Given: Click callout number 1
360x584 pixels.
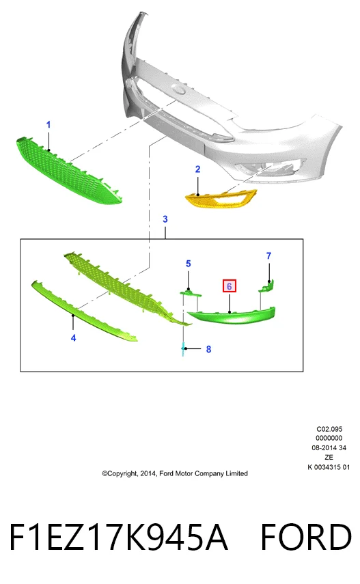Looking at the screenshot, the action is (x=48, y=125).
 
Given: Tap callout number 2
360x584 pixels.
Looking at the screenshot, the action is (x=197, y=169).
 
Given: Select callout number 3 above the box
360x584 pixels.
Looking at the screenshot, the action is (x=165, y=219).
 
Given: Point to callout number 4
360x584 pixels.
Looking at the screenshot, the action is (x=73, y=338).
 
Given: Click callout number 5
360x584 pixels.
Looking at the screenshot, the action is (x=189, y=264).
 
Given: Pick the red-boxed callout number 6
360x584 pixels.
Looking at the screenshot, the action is (x=230, y=286).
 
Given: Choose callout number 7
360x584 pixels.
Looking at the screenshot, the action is (x=268, y=256).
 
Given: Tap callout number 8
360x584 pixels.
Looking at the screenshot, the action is (x=208, y=349).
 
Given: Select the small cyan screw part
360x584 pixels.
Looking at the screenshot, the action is (x=183, y=349).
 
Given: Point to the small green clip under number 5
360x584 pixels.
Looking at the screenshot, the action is (x=191, y=293).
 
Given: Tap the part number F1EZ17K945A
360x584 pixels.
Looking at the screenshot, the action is (x=118, y=537).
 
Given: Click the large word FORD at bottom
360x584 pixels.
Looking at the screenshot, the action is (x=305, y=537).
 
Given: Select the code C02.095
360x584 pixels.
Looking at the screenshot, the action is (x=329, y=429).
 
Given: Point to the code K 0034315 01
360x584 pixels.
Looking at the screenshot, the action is (x=329, y=467).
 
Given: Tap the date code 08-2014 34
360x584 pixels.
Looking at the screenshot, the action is (x=329, y=447).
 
